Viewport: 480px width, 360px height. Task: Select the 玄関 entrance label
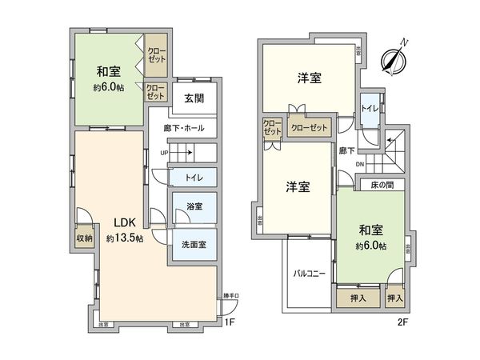click(x=194, y=99)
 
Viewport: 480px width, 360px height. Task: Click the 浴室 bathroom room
click(x=194, y=206)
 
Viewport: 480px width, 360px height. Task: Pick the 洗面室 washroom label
click(x=194, y=244)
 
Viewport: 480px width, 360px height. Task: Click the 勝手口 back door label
click(x=230, y=297)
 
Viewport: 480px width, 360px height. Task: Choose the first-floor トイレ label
click(x=193, y=178)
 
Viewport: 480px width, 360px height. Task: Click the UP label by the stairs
click(x=165, y=152)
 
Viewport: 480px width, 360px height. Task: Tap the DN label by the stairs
click(x=360, y=165)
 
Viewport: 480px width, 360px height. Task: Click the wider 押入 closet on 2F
click(x=358, y=298)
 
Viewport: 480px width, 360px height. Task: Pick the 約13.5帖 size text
click(x=123, y=238)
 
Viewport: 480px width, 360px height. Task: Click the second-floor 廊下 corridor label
click(x=346, y=150)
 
